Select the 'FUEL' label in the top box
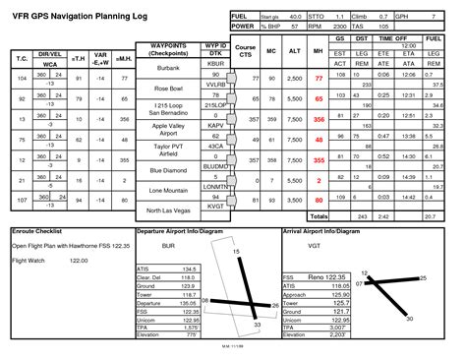tap(239, 18)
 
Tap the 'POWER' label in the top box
tap(241, 26)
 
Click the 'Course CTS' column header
tap(247, 51)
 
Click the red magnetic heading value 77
tap(318, 77)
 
